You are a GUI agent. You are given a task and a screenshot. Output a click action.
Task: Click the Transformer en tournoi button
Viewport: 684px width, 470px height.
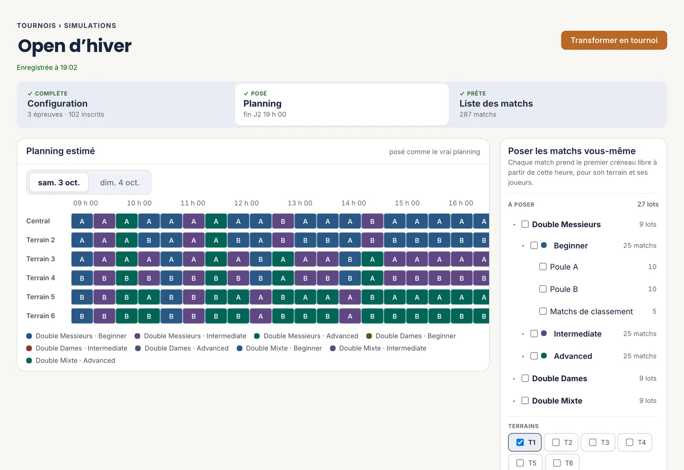pos(614,40)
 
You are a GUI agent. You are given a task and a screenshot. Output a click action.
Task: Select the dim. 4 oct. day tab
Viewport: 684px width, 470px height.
pos(120,182)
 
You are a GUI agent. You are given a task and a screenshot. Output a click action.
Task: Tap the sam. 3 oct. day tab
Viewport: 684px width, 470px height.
pos(59,182)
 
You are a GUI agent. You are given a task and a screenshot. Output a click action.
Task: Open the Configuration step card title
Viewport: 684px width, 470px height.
pos(57,103)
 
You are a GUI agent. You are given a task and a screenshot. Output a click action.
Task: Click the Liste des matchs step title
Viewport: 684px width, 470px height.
pos(496,103)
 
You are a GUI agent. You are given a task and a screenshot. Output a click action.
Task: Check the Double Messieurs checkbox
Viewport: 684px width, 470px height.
pos(525,224)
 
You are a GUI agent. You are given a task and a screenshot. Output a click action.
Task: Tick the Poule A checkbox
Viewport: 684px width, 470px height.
pos(542,267)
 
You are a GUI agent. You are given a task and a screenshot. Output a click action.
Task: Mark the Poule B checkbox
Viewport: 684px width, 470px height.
pos(542,289)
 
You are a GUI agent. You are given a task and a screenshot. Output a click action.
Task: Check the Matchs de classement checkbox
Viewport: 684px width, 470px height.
pos(542,311)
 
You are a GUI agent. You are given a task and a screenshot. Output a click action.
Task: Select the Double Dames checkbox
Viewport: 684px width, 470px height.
pos(525,379)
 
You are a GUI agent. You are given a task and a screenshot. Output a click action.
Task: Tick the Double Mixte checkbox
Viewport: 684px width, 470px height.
pos(525,401)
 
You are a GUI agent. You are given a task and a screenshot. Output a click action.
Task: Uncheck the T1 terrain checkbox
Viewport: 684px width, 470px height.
pos(520,443)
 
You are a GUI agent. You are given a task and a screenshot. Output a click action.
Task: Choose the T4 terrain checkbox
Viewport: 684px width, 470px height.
pos(629,443)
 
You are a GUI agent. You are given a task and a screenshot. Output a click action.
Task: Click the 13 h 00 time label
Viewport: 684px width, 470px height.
pos(300,203)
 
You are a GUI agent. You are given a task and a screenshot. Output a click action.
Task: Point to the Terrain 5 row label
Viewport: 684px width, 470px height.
pos(41,297)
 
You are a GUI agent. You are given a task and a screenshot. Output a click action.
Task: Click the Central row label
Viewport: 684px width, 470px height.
pos(38,221)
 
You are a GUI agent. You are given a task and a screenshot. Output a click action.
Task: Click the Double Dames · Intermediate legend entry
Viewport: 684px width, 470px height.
pos(77,348)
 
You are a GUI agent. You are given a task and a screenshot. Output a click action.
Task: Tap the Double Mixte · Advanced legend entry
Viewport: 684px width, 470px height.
pos(71,361)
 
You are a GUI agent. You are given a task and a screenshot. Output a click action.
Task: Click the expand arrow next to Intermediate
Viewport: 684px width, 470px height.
pos(523,334)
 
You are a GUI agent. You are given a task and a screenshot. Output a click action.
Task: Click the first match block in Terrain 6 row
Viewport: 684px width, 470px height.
pos(82,316)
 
